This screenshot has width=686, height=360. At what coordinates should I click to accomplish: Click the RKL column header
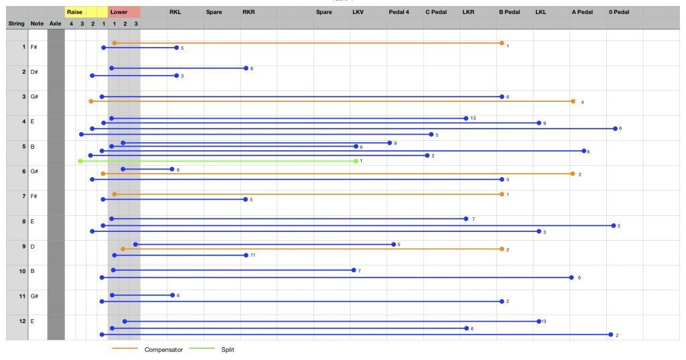coord(175,12)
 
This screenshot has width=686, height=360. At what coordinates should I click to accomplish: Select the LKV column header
coord(358,12)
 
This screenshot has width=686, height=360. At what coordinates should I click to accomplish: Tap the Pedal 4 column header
coord(399,12)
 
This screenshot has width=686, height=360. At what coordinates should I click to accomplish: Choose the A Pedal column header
coord(582,12)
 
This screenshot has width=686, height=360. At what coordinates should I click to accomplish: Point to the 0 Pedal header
coord(619,12)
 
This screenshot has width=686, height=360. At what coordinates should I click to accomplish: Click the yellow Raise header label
coord(74,12)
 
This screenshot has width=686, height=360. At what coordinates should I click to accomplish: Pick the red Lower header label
coord(119,12)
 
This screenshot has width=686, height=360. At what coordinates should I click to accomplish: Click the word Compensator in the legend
coord(163,349)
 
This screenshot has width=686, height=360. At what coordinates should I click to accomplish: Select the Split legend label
coord(228,349)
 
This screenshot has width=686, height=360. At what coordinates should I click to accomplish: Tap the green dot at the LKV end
coord(356,161)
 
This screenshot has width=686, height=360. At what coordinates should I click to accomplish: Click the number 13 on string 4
coord(473,118)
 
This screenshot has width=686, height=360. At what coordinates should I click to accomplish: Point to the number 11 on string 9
coord(253,255)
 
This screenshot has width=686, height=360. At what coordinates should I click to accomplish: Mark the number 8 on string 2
coord(252,68)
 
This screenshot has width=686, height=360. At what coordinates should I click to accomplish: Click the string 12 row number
coord(22,321)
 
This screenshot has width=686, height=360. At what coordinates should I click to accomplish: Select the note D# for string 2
coord(34,72)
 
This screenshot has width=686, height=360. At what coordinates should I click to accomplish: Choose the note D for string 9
coord(32,247)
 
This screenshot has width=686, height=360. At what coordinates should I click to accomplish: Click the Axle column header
coord(55,23)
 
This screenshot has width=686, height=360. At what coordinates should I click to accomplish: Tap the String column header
coord(17,23)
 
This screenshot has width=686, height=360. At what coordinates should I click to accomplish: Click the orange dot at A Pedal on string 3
coord(573,101)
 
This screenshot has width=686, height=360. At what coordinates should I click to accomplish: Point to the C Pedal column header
coord(436,12)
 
